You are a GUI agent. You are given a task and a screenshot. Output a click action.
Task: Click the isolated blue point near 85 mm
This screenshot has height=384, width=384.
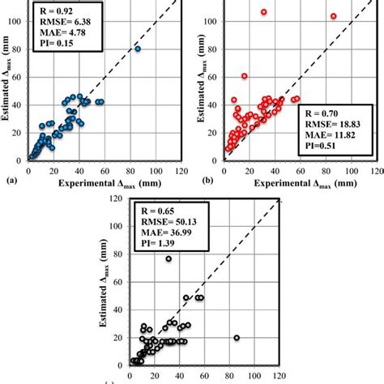click(137, 49)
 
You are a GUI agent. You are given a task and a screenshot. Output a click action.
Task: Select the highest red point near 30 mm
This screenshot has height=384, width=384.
click(263, 12)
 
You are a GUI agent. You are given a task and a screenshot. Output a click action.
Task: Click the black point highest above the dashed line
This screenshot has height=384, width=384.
click(169, 259)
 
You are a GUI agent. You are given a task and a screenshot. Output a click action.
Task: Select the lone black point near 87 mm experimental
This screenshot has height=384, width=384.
click(237, 338)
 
